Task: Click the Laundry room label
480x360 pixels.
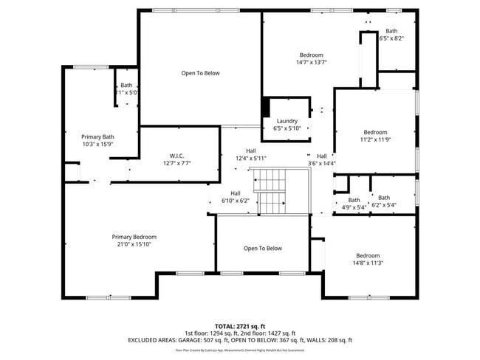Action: coord(287,121)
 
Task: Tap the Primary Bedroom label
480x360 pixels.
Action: coord(134,237)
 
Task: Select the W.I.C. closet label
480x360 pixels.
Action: coord(176,156)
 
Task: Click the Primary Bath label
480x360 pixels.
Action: coord(97,136)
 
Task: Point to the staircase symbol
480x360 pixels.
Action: coord(272,190)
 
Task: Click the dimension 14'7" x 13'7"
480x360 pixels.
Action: coord(311,63)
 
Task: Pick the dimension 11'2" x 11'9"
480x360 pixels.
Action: coord(374,139)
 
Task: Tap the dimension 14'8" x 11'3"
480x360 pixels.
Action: coord(367,263)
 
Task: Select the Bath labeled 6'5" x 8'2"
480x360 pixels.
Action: coord(391,31)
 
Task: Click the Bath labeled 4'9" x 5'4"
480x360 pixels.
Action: coord(354,200)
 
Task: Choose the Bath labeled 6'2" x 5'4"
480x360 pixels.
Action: coord(384,197)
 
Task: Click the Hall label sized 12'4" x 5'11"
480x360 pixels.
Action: coord(250,150)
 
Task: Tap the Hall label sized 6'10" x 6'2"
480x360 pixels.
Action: coord(235,193)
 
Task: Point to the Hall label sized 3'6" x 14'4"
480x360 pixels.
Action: coord(322,156)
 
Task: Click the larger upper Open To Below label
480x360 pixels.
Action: coord(200,73)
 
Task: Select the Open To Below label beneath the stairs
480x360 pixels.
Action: coord(262,249)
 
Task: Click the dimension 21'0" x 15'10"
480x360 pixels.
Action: coord(134,244)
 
